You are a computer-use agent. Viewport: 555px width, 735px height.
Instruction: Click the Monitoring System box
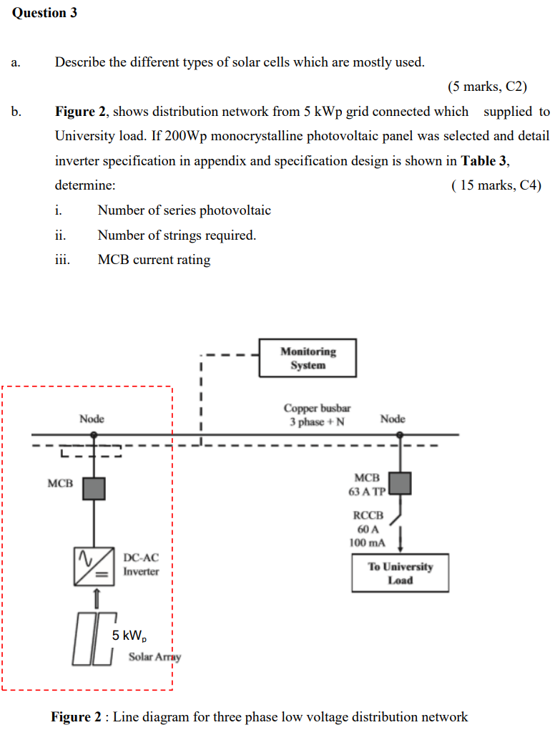point(308,358)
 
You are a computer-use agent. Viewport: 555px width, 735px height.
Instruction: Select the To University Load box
point(400,573)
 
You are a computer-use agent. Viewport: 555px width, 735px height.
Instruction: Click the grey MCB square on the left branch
point(94,488)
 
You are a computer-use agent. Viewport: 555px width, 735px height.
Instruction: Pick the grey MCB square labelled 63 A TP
point(400,483)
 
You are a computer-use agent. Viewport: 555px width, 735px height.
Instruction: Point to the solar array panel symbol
point(94,639)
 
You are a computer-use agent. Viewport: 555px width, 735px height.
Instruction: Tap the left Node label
point(92,419)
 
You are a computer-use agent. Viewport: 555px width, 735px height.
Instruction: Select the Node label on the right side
point(393,419)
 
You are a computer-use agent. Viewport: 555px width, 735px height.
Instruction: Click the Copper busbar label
point(317,409)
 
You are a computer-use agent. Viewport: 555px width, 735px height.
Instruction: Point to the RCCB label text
point(368,515)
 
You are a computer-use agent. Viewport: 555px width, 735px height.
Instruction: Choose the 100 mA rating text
point(368,542)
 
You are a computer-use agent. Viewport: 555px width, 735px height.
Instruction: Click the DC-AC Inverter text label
point(141,565)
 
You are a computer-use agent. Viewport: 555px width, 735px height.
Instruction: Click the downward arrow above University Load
point(401,538)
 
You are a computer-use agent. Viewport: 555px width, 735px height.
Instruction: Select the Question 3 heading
point(44,14)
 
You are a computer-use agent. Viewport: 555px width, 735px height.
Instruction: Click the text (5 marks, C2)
point(487,87)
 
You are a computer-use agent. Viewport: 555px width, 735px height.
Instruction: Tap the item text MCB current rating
point(154,260)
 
